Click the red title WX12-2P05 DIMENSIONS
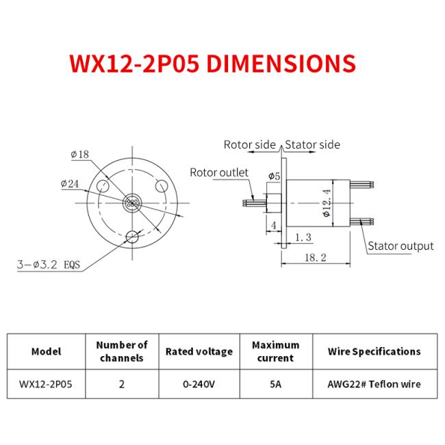click(x=212, y=63)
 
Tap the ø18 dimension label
click(x=80, y=155)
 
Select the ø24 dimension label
click(x=71, y=183)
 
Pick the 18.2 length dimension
click(x=318, y=257)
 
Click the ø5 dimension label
click(x=274, y=177)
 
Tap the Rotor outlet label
click(x=219, y=173)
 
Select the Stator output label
click(x=400, y=246)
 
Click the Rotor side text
click(x=249, y=144)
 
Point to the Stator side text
click(x=312, y=144)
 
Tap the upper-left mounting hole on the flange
click(x=103, y=186)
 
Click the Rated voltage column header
click(x=199, y=351)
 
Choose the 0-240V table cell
click(x=199, y=384)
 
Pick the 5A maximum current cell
click(x=275, y=384)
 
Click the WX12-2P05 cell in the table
click(x=46, y=384)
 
